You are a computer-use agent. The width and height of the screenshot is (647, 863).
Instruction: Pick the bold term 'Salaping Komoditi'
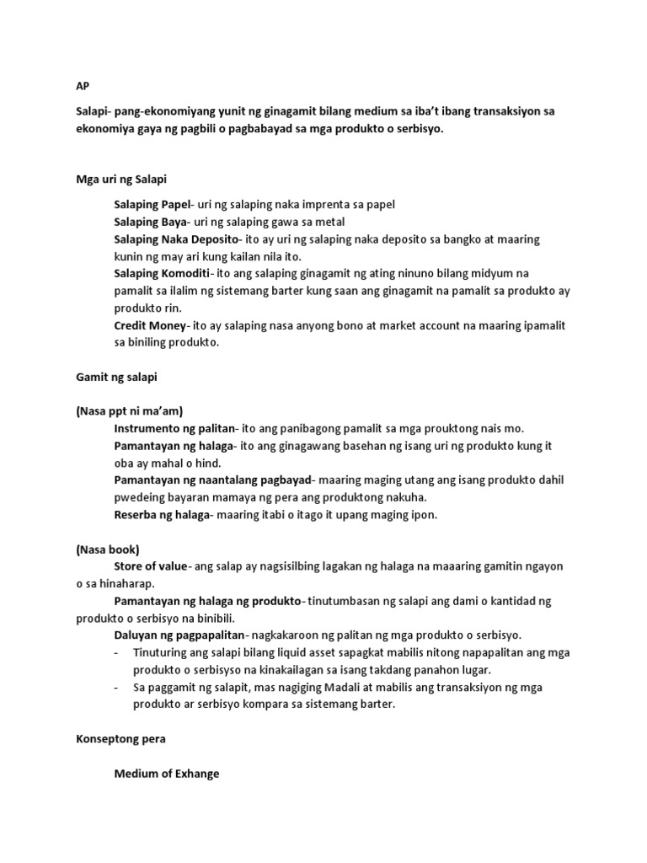pyautogui.click(x=161, y=274)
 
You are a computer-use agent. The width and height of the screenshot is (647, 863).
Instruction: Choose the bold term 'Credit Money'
pyautogui.click(x=148, y=325)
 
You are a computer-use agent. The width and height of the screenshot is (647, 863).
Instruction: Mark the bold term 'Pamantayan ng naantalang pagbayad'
pyautogui.click(x=212, y=480)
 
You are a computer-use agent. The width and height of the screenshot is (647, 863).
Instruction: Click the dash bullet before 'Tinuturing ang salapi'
pyautogui.click(x=116, y=651)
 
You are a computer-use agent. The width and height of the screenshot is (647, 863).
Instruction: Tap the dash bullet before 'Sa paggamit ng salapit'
pyautogui.click(x=116, y=687)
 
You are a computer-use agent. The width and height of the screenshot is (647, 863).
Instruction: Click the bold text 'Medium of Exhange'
pyautogui.click(x=166, y=773)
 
